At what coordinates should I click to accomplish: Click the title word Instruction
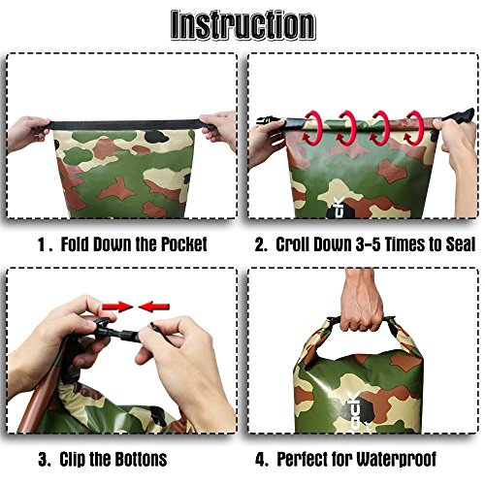point(242,25)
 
